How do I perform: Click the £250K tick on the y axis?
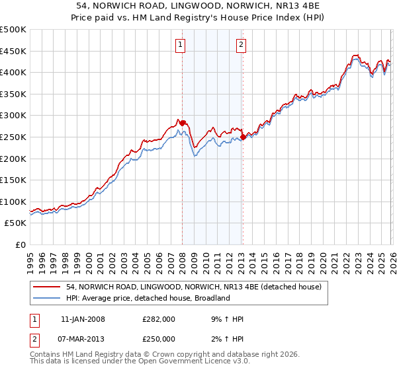(13, 137)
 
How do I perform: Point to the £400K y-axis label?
(13, 72)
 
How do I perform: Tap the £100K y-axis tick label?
(13, 202)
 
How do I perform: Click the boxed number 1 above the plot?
(181, 45)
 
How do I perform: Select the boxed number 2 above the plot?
(241, 45)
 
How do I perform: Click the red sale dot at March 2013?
(243, 137)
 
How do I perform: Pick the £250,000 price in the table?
(159, 340)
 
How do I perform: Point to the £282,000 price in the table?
(159, 319)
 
